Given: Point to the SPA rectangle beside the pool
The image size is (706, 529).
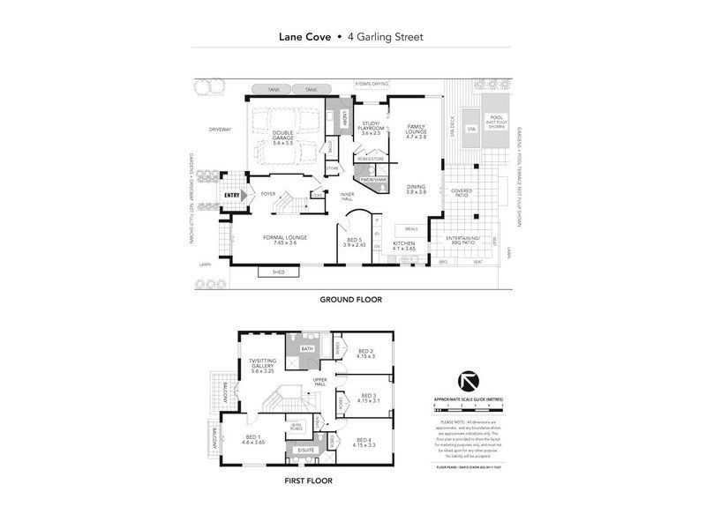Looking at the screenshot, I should click(x=471, y=130).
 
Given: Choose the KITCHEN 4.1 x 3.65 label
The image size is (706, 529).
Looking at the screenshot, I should click(x=403, y=245).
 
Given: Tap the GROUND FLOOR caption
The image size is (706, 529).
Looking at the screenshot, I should click(x=350, y=300).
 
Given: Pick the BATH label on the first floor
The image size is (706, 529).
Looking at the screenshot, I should click(x=308, y=350).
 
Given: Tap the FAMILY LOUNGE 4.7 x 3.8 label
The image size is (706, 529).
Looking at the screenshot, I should click(x=415, y=130).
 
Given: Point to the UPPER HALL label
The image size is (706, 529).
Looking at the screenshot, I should click(x=319, y=383).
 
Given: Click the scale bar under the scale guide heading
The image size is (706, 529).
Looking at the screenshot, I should click(x=469, y=408).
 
